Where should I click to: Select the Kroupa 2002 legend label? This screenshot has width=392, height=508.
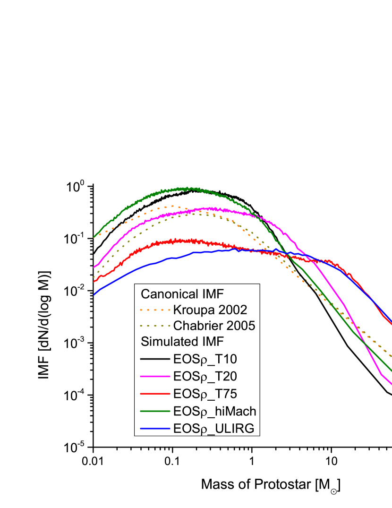(210, 310)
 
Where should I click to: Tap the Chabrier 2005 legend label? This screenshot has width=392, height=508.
(214, 326)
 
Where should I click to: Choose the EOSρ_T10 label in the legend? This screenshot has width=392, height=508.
(205, 359)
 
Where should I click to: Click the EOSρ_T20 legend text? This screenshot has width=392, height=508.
(205, 377)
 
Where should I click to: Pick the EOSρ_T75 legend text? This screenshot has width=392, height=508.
(205, 394)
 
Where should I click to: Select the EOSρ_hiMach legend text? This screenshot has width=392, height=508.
(214, 411)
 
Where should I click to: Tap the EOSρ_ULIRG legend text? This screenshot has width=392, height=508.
(213, 429)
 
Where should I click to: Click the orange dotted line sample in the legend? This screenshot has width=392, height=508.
(154, 310)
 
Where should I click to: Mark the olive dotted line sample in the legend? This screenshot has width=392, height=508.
(154, 326)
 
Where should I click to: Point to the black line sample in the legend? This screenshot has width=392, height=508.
(154, 359)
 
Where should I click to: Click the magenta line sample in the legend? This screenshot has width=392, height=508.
(154, 377)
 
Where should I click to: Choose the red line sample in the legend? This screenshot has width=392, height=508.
(154, 394)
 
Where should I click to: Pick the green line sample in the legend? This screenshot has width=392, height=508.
(154, 411)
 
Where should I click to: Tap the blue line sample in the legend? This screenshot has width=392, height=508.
(154, 429)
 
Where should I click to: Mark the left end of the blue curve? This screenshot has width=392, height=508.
(94, 295)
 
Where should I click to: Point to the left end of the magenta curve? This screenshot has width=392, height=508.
(94, 267)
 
